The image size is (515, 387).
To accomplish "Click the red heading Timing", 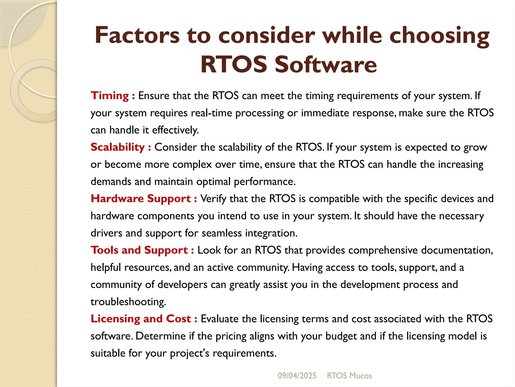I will (110, 96).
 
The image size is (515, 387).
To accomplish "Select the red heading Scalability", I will (117, 147).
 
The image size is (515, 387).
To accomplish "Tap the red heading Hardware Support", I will (141, 199).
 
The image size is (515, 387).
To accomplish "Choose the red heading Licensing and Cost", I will (141, 319).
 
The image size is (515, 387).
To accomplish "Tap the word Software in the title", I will (326, 64).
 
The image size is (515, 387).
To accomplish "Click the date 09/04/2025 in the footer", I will (297, 376).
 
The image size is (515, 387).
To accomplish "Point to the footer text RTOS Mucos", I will (349, 376).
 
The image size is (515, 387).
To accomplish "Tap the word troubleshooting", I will (128, 302).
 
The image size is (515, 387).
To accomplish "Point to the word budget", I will (341, 336).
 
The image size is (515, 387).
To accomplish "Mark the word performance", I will (265, 182).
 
